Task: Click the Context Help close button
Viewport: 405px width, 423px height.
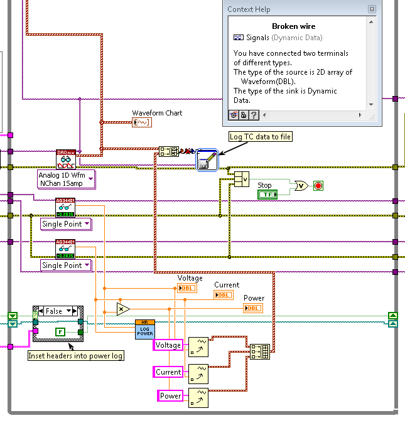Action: pos(372,9)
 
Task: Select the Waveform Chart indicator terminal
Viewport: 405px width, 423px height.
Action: pos(141,122)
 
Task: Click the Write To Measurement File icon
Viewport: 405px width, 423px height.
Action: pos(207,160)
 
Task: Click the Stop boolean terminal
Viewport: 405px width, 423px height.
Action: pos(267,195)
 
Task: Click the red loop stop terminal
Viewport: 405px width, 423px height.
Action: pos(318,186)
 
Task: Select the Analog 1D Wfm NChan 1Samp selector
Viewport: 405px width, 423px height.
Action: pos(66,179)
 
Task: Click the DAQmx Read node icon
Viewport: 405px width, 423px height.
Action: pos(65,159)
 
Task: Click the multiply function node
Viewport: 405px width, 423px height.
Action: pos(123,309)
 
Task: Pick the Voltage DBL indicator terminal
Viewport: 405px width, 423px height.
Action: pos(186,288)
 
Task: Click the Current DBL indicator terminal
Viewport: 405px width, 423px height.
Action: pos(222,295)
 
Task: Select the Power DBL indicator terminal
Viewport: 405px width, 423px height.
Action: pos(253,308)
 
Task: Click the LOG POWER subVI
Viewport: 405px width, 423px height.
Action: pos(144,329)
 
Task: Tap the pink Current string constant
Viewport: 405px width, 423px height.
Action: pos(168,372)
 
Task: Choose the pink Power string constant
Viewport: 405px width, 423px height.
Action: pos(170,396)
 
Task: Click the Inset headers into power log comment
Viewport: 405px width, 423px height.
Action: pos(76,356)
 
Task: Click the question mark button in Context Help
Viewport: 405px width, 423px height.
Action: pos(254,115)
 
